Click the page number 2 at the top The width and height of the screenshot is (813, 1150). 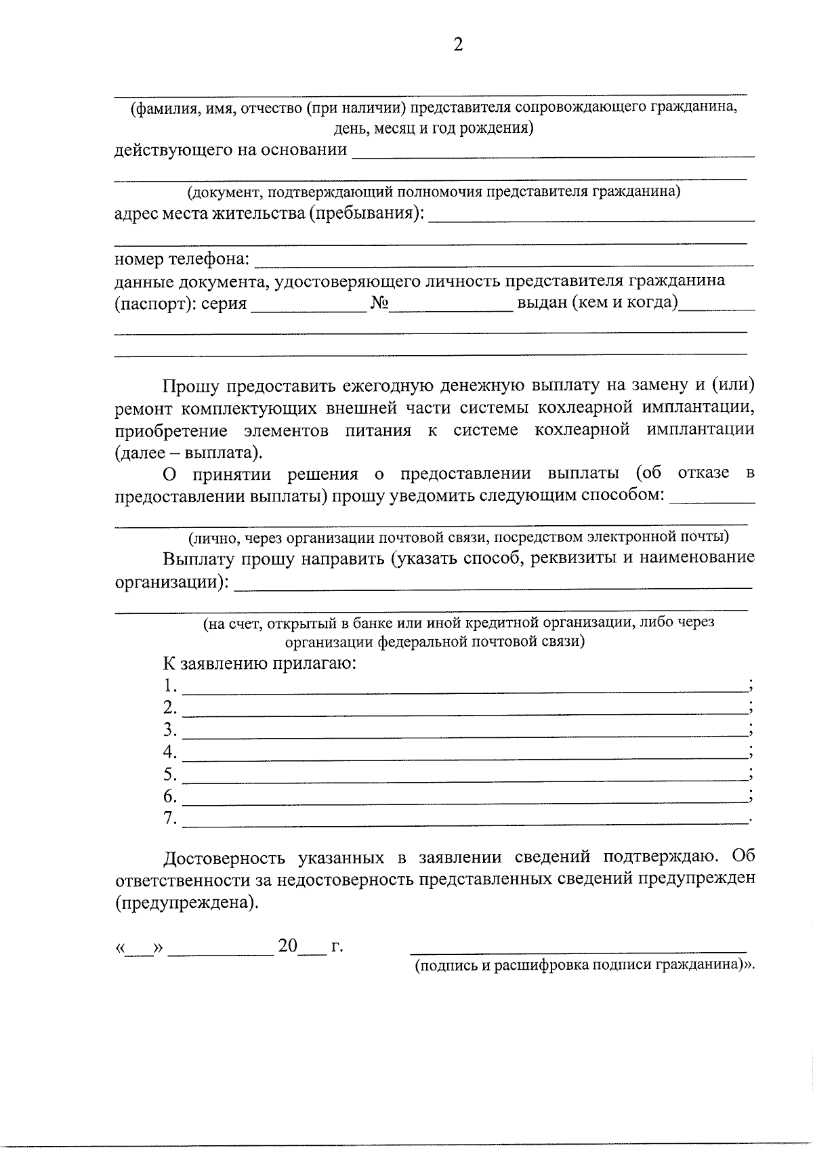point(458,46)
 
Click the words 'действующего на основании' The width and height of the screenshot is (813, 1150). point(230,150)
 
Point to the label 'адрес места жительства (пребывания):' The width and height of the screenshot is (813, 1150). point(270,214)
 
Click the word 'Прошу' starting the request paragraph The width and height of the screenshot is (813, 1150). point(191,386)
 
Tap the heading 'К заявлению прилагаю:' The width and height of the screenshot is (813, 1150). point(259,663)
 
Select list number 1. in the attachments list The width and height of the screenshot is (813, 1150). point(169,686)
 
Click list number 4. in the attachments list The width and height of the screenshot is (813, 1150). point(169,752)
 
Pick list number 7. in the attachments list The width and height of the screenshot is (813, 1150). point(169,819)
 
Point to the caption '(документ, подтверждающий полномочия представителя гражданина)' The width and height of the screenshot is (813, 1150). point(434,192)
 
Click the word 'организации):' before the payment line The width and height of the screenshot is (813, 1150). point(171,582)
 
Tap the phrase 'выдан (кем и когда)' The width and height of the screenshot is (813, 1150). point(597,302)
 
